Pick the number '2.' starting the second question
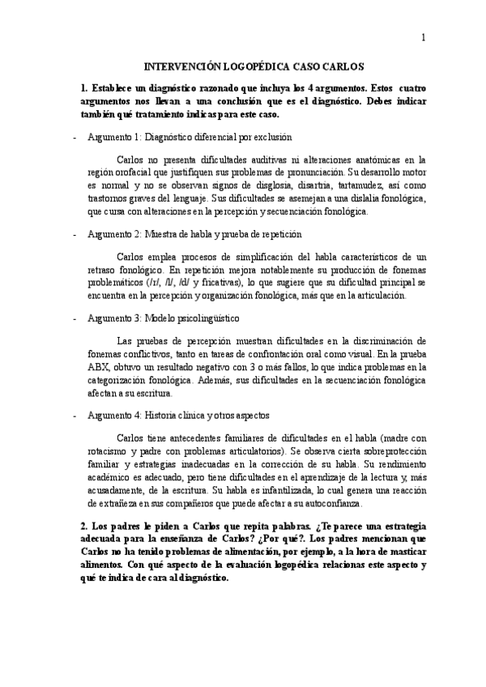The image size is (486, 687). click(85, 527)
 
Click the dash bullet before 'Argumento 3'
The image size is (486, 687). click(75, 318)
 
